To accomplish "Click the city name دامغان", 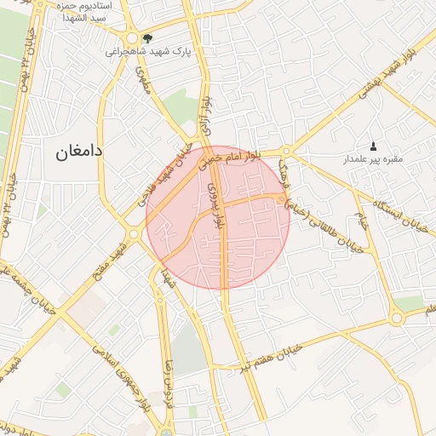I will click(79, 152).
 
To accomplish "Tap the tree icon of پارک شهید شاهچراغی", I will click(147, 38).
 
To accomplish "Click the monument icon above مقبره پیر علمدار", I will click(373, 146).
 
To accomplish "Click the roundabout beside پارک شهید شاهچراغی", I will click(132, 39).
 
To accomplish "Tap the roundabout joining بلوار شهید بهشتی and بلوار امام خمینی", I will click(287, 152).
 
